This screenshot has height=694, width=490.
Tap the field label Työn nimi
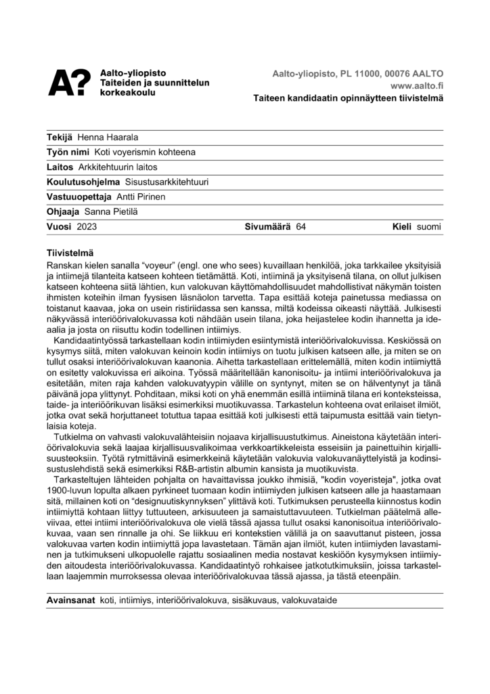66,152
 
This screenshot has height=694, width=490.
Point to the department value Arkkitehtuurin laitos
117,167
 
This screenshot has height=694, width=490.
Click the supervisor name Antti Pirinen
141,197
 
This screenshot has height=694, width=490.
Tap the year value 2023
88,226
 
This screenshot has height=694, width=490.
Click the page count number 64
301,226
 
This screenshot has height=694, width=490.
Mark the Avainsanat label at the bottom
70,601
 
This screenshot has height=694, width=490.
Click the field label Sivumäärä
267,226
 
